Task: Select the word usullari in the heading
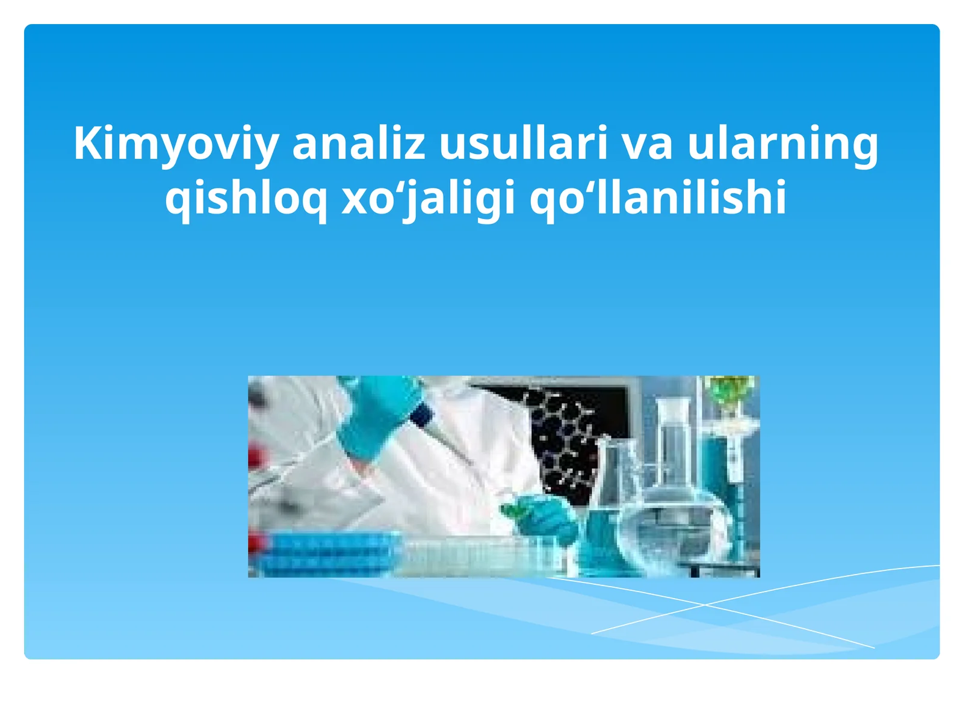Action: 524,144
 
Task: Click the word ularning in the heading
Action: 782,144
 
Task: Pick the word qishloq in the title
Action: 246,199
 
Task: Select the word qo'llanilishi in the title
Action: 658,199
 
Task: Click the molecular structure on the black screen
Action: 563,439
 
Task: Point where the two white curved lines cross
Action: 704,604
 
